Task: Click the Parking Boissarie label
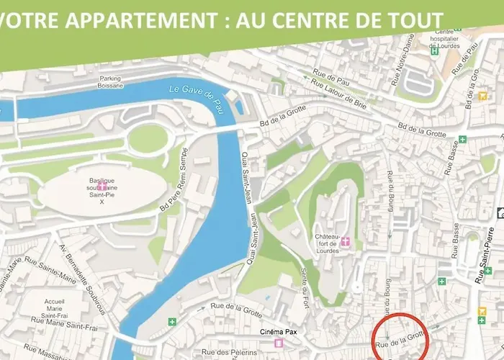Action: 111,82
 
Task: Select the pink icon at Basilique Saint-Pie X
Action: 103,185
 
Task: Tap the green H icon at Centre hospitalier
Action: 433,51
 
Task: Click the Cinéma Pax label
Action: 279,332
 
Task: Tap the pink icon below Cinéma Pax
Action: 279,343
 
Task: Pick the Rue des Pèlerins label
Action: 228,351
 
